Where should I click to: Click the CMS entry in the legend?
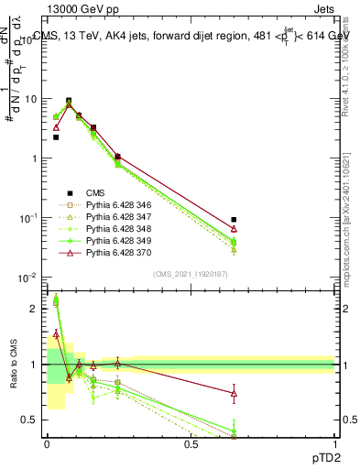point(96,192)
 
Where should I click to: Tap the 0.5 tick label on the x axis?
point(191,444)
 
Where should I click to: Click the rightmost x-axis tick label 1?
point(334,444)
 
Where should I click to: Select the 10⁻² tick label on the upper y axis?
point(28,278)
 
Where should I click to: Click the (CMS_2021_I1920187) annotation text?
point(191,274)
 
